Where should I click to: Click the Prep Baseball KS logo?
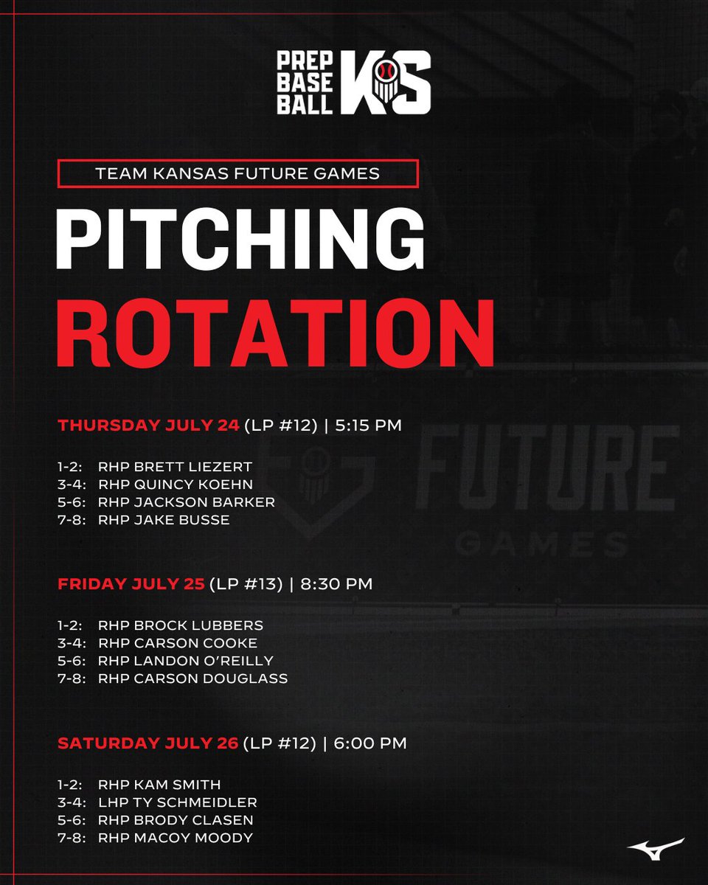click(353, 82)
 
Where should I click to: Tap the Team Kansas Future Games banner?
click(237, 174)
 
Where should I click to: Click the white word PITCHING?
click(240, 241)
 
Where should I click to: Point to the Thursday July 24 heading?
click(149, 426)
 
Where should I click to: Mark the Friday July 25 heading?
click(131, 584)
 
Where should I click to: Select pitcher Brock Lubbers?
click(198, 625)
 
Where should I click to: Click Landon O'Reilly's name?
click(204, 661)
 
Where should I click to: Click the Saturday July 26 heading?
click(148, 743)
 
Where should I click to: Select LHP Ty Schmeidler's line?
click(178, 802)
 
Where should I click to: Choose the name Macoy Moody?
click(193, 838)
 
